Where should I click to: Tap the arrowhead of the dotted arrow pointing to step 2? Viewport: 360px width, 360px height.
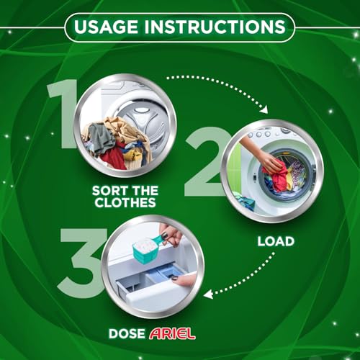click(263, 109)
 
